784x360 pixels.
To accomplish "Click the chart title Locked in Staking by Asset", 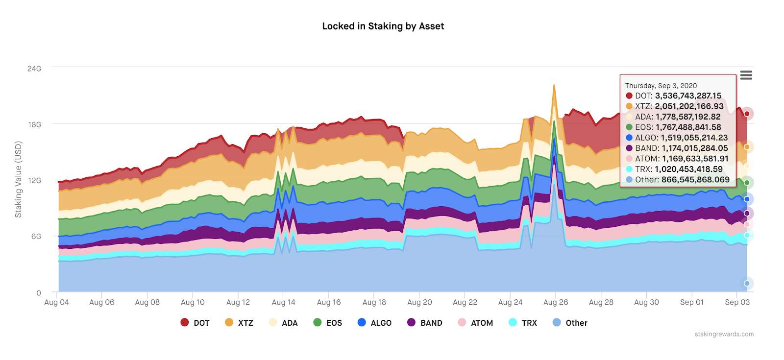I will click(383, 26).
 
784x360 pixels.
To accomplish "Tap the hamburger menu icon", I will click(746, 75).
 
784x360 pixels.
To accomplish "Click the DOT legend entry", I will click(196, 323).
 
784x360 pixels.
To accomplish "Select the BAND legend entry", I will click(425, 323).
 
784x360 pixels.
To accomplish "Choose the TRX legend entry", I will click(523, 323).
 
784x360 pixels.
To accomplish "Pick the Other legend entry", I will click(570, 323).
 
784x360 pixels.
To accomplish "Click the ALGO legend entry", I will click(375, 323).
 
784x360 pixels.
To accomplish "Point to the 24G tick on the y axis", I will click(34, 69).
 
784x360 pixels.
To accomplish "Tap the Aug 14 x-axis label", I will click(284, 302).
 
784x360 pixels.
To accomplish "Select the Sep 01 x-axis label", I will click(692, 302).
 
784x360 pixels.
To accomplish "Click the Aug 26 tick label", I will click(556, 302).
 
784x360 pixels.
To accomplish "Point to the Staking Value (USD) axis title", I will click(19, 179).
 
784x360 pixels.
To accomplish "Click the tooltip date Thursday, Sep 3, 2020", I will click(661, 86).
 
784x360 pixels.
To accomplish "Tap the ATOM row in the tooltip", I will click(677, 159).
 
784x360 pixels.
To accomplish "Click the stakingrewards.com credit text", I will click(724, 334).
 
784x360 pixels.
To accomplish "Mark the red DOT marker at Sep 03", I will click(747, 114).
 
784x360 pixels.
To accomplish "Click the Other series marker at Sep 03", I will click(747, 283).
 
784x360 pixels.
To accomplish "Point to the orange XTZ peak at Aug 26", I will click(554, 85).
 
